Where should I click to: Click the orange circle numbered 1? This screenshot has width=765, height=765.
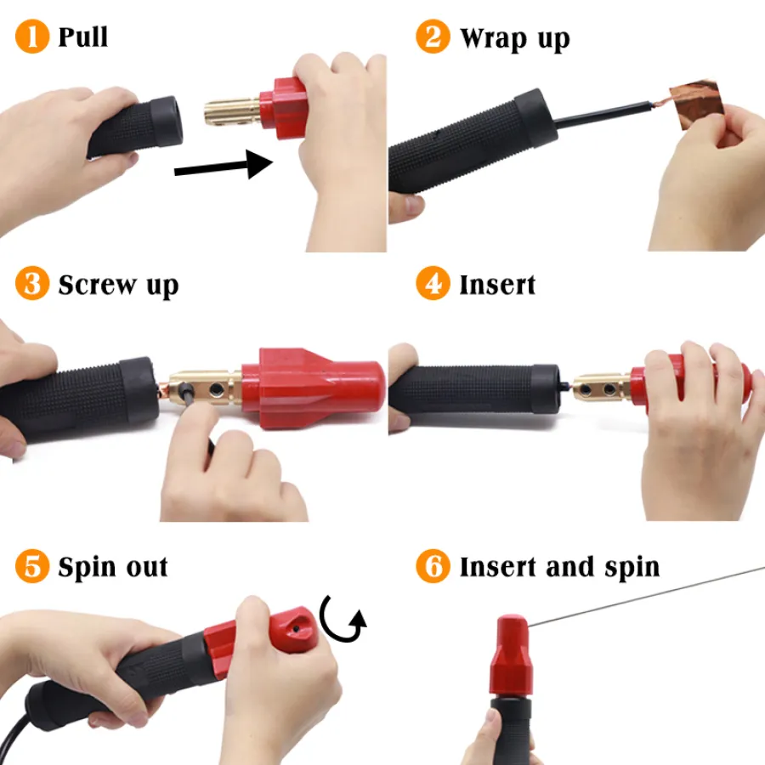[32, 36]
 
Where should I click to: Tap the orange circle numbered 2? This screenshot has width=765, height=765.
[433, 36]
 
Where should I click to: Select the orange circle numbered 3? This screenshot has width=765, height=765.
[32, 283]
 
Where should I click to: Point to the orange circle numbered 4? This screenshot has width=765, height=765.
[433, 283]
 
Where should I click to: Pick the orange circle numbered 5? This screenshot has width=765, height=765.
[32, 566]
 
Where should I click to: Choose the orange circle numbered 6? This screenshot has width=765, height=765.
[433, 566]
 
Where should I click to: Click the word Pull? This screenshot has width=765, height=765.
[83, 37]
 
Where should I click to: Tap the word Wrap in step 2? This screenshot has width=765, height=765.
[493, 38]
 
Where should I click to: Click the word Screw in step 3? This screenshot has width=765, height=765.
[98, 285]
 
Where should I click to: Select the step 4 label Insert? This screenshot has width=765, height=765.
[497, 285]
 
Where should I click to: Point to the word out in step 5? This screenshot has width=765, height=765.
[147, 568]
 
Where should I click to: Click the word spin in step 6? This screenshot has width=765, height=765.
[632, 569]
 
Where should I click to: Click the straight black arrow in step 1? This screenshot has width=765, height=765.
[224, 165]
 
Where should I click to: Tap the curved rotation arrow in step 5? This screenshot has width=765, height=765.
[342, 619]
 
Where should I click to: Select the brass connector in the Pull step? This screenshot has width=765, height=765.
[232, 112]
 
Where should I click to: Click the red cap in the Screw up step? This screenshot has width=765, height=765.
[313, 388]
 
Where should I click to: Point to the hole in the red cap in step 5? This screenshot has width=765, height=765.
[296, 629]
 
